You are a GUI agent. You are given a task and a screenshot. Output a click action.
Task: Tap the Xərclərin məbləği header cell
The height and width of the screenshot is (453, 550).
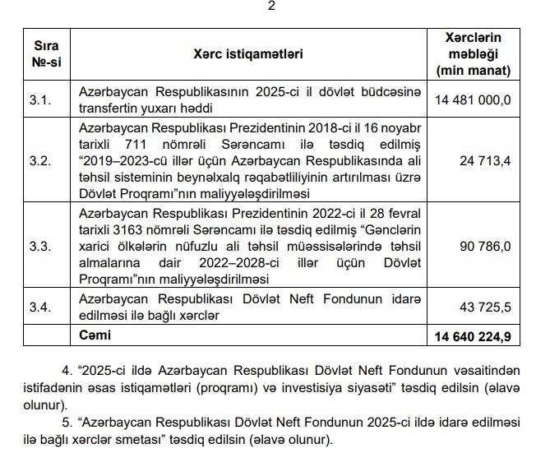pyautogui.click(x=472, y=54)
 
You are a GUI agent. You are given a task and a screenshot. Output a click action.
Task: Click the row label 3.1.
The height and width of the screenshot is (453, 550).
pyautogui.click(x=40, y=99)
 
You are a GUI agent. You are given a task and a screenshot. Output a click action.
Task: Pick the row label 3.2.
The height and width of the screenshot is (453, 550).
pyautogui.click(x=40, y=159)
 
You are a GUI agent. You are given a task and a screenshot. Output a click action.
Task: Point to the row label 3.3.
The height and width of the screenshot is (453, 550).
pyautogui.click(x=40, y=244)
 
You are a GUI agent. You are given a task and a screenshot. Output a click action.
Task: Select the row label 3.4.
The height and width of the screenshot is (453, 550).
pyautogui.click(x=40, y=307)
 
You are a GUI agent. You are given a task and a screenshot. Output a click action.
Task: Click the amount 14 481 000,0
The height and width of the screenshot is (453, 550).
pyautogui.click(x=473, y=99)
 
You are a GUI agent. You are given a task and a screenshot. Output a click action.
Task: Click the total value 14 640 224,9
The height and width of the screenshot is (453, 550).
pyautogui.click(x=472, y=336)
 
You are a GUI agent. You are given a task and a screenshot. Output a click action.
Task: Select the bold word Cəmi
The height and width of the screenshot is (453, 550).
pyautogui.click(x=94, y=335)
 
